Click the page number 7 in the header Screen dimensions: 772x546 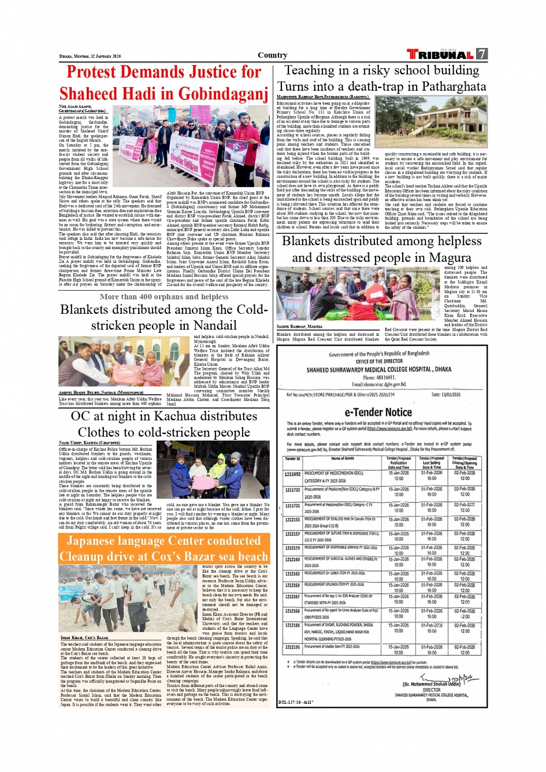click(481, 54)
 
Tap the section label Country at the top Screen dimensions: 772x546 click(272, 55)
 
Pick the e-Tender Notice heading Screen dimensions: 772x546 click(378, 412)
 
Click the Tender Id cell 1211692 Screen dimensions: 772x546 click(292, 474)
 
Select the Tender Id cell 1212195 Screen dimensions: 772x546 click(292, 647)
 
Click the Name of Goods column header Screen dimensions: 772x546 click(343, 459)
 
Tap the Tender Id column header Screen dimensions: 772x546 click(292, 459)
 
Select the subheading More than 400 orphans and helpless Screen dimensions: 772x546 click(164, 297)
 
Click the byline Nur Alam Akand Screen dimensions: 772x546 click(75, 107)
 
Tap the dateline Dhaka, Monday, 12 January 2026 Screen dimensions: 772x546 click(90, 56)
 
